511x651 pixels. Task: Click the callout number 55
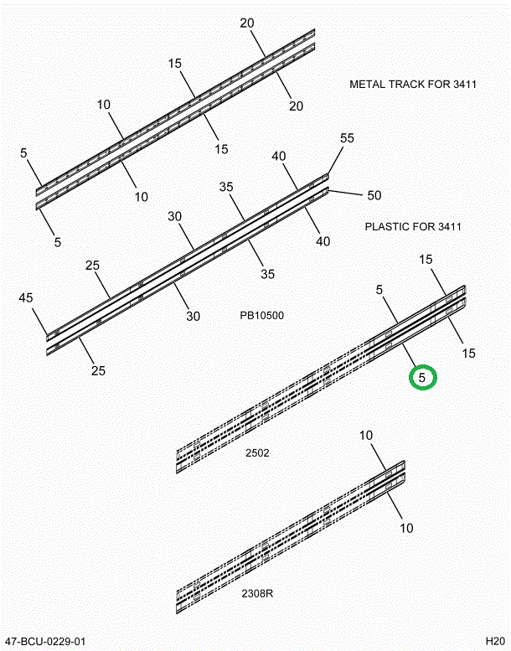pyautogui.click(x=347, y=138)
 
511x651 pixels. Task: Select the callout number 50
pyautogui.click(x=374, y=195)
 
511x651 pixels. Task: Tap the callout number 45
pyautogui.click(x=26, y=297)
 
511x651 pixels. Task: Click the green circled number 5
pyautogui.click(x=422, y=378)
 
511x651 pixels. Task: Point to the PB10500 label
pyautogui.click(x=261, y=316)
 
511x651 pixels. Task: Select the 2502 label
pyautogui.click(x=257, y=453)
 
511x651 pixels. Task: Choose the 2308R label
pyautogui.click(x=259, y=594)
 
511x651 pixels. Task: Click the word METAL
pyautogui.click(x=367, y=85)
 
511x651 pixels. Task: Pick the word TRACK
pyautogui.click(x=407, y=85)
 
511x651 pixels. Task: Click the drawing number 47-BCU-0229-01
pyautogui.click(x=45, y=642)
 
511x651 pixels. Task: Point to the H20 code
pyautogui.click(x=495, y=642)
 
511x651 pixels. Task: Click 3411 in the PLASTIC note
pyautogui.click(x=448, y=226)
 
